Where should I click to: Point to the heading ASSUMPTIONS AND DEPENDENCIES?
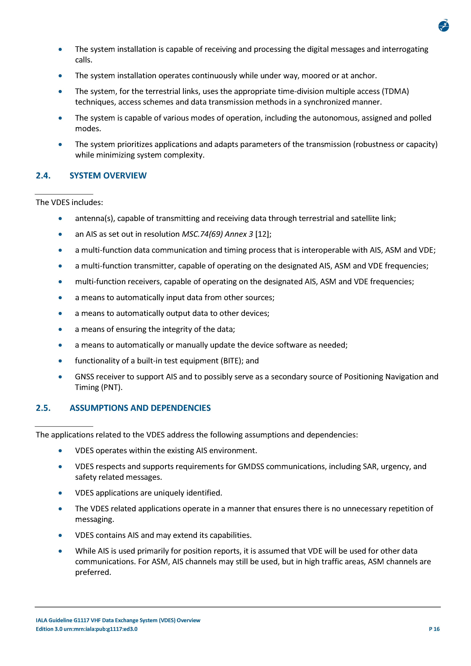pyautogui.click(x=140, y=408)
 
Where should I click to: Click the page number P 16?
pyautogui.click(x=434, y=629)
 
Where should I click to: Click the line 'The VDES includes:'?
pyautogui.click(x=69, y=202)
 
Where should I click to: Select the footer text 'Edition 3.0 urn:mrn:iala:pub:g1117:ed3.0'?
pyautogui.click(x=86, y=629)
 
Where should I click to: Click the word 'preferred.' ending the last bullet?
pyautogui.click(x=93, y=572)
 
